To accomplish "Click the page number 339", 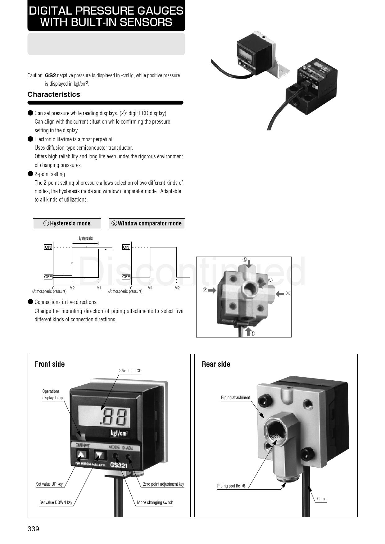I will point(33,529).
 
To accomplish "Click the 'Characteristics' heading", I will point(54,94).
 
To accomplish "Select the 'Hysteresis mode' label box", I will point(67,224).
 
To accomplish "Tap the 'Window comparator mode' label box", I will point(147,224).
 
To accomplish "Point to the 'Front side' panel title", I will point(50,364).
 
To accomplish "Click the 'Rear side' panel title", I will point(216,364).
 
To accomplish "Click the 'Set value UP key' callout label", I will point(49,484).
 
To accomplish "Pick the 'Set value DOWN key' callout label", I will point(56,502).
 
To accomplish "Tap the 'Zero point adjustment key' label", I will point(163,484).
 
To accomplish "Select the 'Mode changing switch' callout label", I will point(155,502).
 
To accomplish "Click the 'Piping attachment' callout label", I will point(235,397).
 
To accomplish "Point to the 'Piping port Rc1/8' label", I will point(231,486).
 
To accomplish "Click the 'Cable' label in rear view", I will point(322,499).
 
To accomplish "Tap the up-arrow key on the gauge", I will point(81,455).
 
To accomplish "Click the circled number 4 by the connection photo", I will point(288,293).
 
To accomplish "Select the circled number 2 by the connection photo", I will point(205,290).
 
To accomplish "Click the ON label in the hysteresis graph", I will point(48,247).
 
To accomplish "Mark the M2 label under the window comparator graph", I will point(177,288).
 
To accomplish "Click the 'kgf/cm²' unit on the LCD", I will point(119,433).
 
